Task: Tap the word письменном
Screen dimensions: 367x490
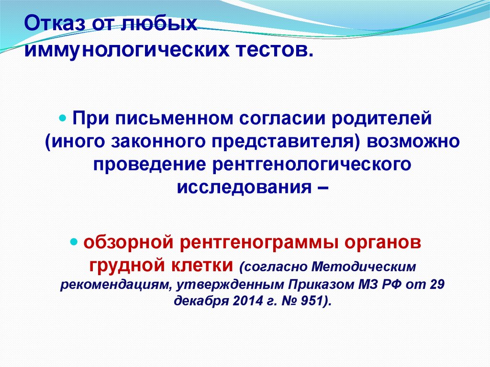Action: click(175, 118)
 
